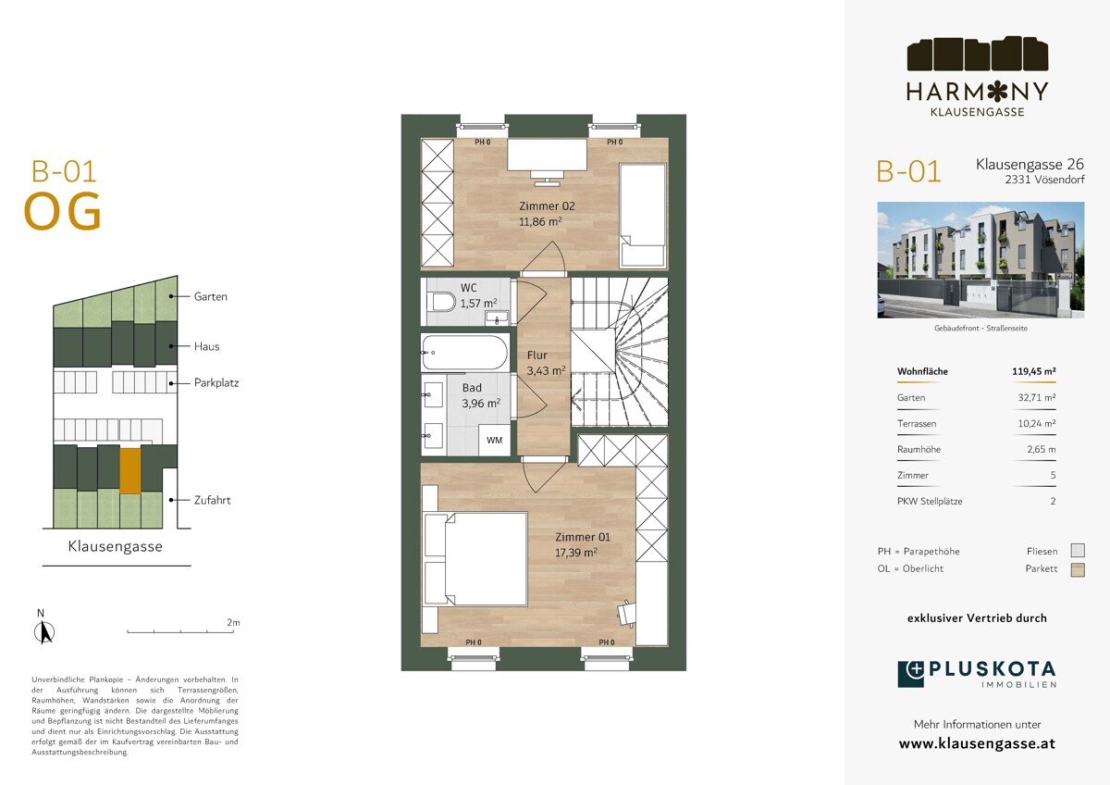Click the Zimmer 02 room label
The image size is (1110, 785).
pos(547,206)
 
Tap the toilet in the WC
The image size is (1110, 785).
pos(444,302)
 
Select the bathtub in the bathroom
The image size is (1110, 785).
pos(464,352)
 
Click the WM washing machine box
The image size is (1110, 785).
pos(494,440)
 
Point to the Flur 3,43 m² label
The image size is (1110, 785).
pos(546,363)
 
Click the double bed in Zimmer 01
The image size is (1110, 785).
pos(475,559)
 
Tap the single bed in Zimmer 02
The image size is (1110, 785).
pos(642,215)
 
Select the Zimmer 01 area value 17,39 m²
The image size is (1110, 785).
pos(575,553)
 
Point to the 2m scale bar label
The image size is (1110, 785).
pos(233,622)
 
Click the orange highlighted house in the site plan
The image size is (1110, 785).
pos(130,470)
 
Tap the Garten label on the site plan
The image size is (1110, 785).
pos(211,296)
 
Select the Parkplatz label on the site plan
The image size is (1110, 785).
pos(216,383)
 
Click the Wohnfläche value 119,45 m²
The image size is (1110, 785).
pos(1034,371)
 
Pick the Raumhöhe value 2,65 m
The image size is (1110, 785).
pos(1042,449)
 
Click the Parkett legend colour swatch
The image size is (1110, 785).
pos(1078,570)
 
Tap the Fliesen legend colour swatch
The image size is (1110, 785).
pos(1078,551)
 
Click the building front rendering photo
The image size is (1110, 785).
pos(980,260)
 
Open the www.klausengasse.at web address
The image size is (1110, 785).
pos(977,743)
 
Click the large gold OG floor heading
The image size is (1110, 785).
pos(63,212)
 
